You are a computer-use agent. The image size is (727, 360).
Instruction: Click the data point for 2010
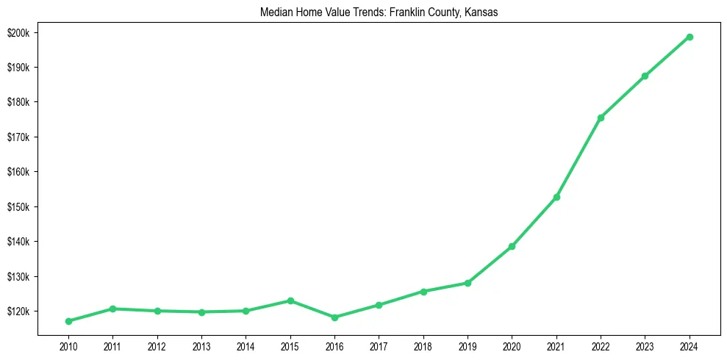click(x=68, y=321)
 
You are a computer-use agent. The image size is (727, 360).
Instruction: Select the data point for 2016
click(x=334, y=317)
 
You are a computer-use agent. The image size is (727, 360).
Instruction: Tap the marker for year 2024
click(x=690, y=37)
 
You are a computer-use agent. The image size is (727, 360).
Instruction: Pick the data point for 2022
click(x=601, y=118)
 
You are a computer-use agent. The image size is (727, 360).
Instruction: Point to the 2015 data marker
click(x=290, y=300)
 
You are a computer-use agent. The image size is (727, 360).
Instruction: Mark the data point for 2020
click(x=512, y=246)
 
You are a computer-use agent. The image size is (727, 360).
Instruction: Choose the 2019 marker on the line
click(x=468, y=283)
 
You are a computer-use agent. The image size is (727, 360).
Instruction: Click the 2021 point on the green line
click(x=556, y=197)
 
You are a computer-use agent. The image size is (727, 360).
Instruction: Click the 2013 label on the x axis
click(x=201, y=345)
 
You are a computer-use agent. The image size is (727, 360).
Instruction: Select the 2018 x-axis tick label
click(x=423, y=345)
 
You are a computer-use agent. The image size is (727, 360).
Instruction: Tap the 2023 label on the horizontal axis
click(x=645, y=345)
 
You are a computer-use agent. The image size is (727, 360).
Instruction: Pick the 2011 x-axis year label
click(x=112, y=345)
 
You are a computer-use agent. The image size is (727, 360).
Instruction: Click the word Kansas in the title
click(x=481, y=12)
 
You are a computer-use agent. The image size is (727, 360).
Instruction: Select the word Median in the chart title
click(x=275, y=12)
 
